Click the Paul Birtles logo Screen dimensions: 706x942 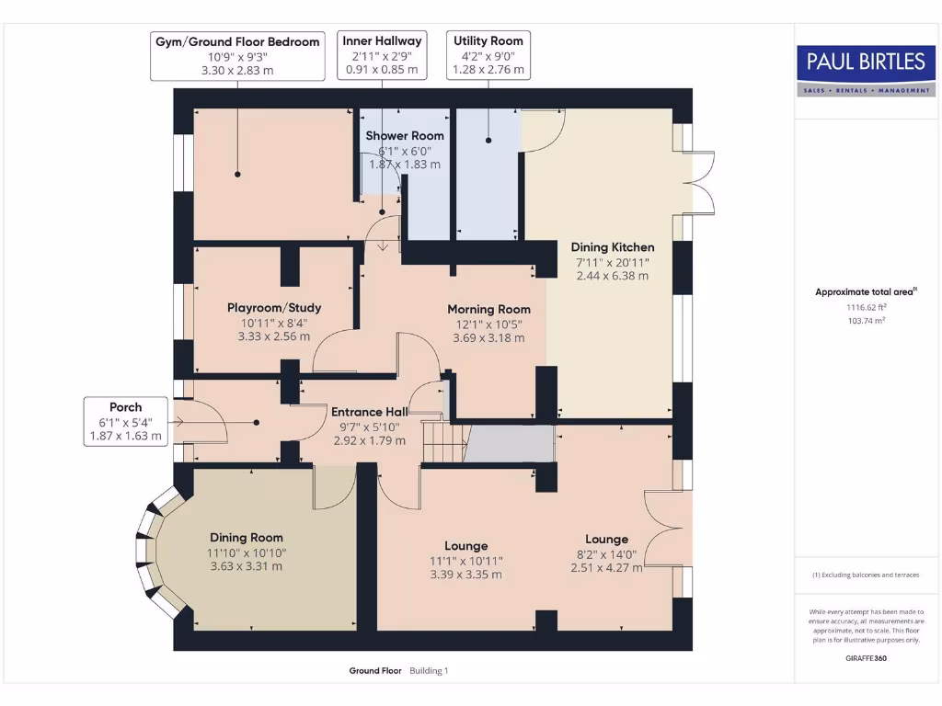pos(866,70)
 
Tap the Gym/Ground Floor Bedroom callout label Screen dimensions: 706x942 pos(237,55)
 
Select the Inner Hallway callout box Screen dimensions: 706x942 pos(382,55)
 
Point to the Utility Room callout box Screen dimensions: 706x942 pos(488,55)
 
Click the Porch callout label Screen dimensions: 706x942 pos(125,422)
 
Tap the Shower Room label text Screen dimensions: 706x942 pos(405,136)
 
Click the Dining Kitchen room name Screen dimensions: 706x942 pos(613,247)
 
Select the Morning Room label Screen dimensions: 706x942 pos(488,309)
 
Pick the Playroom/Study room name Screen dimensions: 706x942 pos(274,308)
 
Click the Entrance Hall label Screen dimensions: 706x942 pos(369,412)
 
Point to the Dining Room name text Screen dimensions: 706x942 pos(247,538)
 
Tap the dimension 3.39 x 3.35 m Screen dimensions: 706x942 pos(465,575)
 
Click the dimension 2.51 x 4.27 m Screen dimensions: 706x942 pos(606,567)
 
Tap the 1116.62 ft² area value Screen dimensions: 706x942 pos(866,307)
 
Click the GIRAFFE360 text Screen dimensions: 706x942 pos(866,658)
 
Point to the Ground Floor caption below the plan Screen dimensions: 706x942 pos(375,671)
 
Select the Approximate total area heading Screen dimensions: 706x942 pos(866,292)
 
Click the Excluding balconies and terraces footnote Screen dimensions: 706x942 pos(866,575)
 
